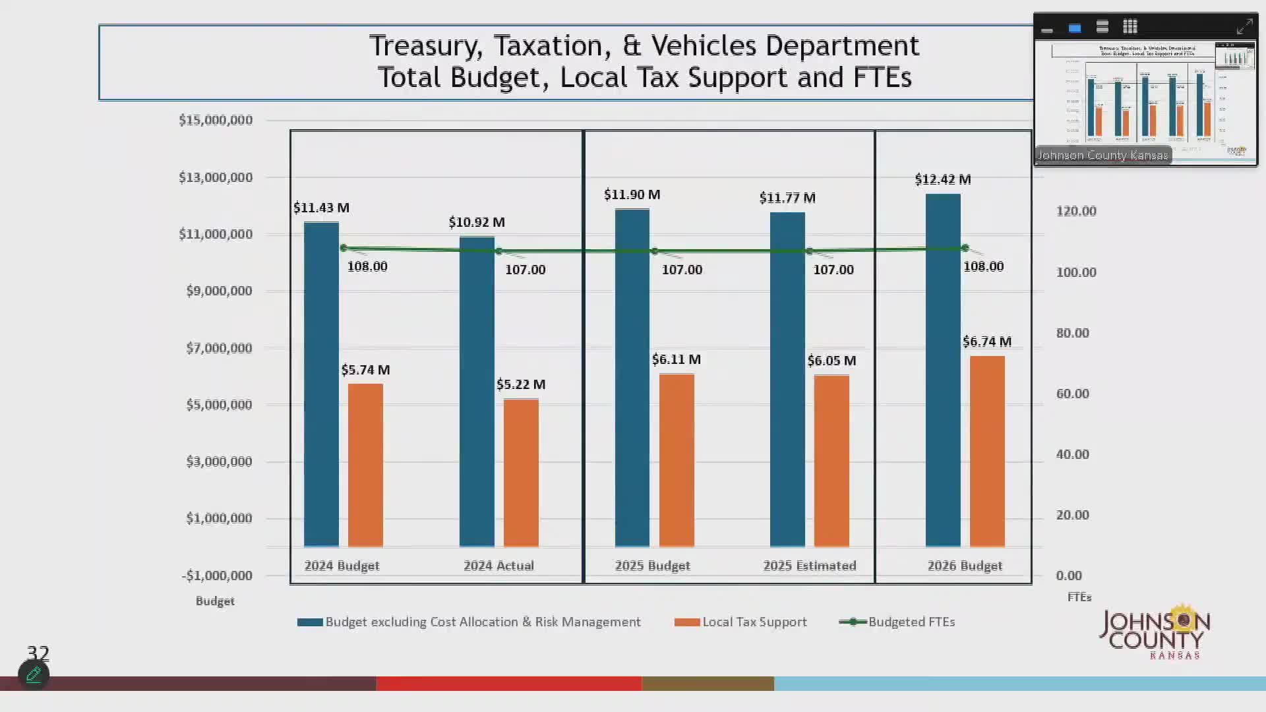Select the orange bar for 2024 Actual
pyautogui.click(x=521, y=473)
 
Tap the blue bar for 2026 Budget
pyautogui.click(x=943, y=370)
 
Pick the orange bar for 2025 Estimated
pyautogui.click(x=831, y=461)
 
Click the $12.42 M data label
pyautogui.click(x=942, y=179)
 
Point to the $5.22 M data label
pyautogui.click(x=521, y=384)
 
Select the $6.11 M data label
pyautogui.click(x=676, y=359)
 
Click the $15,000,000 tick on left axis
pyautogui.click(x=216, y=120)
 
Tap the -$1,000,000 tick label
pyautogui.click(x=217, y=576)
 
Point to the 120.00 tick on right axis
pyautogui.click(x=1076, y=211)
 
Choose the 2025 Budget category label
pyautogui.click(x=652, y=566)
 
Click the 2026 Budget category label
pyautogui.click(x=965, y=566)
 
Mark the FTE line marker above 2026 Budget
pyautogui.click(x=965, y=248)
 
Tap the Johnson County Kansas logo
pyautogui.click(x=1155, y=633)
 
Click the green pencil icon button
pyautogui.click(x=34, y=674)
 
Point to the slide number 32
pyautogui.click(x=38, y=653)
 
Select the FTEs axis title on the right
pyautogui.click(x=1079, y=597)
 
